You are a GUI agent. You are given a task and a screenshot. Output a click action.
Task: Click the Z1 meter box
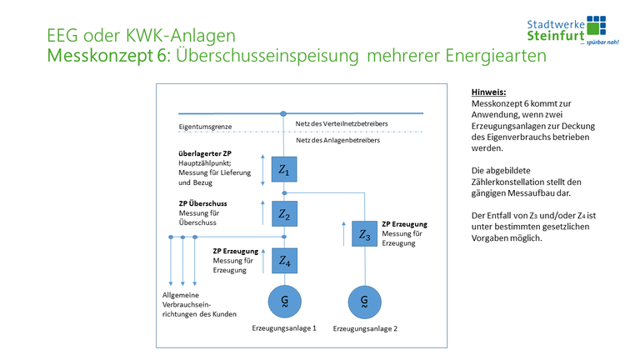[284, 171]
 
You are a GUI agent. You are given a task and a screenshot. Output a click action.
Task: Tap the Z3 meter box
[364, 235]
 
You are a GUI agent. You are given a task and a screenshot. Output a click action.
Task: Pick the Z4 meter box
[284, 261]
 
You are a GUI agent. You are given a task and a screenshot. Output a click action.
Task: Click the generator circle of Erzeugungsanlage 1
[284, 299]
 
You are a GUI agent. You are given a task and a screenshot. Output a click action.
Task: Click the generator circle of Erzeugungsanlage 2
[364, 299]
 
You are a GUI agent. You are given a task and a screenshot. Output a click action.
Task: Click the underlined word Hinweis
[489, 92]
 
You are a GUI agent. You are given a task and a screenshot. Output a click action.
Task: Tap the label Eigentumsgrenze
[205, 127]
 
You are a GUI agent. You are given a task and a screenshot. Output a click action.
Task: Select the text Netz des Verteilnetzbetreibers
[342, 123]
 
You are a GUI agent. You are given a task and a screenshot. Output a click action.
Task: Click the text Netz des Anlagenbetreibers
[337, 141]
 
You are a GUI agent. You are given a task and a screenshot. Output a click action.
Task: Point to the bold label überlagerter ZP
[205, 153]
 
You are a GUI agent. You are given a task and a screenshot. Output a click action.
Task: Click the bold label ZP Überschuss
[203, 202]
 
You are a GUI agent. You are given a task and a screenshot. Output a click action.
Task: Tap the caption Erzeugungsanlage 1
[284, 328]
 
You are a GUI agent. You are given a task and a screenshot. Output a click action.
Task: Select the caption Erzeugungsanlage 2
[365, 329]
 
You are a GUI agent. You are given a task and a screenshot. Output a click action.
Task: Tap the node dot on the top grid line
[284, 112]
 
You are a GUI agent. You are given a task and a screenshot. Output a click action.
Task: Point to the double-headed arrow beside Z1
[263, 169]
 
